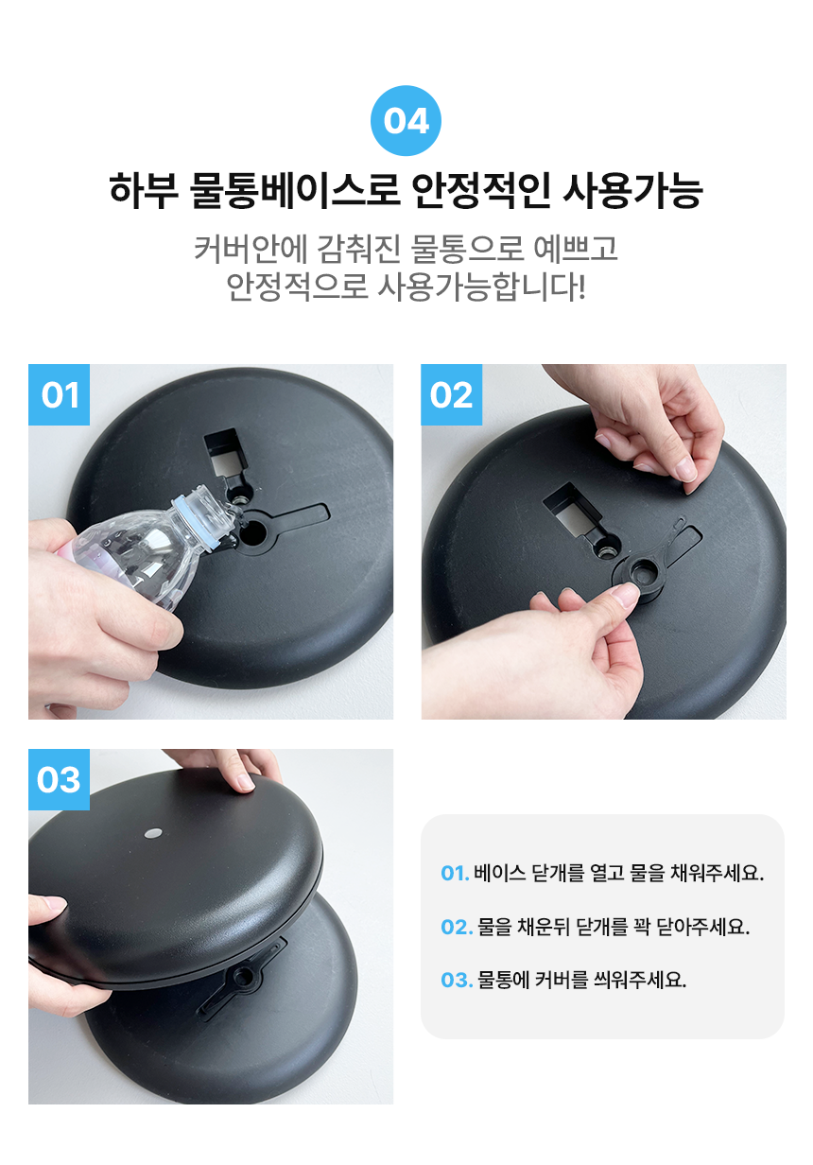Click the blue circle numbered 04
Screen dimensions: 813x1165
(x=406, y=121)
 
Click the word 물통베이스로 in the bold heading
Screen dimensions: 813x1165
(x=294, y=190)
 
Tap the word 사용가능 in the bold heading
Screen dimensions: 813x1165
(x=632, y=190)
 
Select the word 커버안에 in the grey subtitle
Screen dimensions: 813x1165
(x=250, y=249)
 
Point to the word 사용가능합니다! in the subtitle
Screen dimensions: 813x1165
(x=481, y=287)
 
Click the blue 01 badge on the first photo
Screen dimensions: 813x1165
(x=59, y=394)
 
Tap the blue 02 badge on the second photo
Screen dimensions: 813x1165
(x=451, y=394)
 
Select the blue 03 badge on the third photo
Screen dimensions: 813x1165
(x=59, y=779)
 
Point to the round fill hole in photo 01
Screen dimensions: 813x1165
(x=253, y=531)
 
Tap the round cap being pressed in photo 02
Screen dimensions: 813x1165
(x=638, y=576)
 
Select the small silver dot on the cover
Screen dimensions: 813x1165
(x=152, y=834)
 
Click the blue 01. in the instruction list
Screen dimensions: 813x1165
(x=455, y=873)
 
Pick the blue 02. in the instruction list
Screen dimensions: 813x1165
(x=457, y=927)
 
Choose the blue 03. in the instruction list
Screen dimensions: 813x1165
(x=457, y=981)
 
